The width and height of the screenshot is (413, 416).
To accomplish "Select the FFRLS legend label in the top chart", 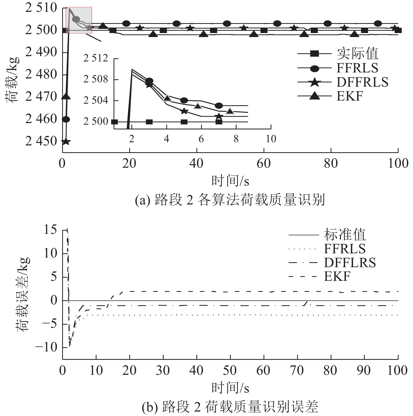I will (357, 68).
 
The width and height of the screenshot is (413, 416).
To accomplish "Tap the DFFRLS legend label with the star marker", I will (362, 82).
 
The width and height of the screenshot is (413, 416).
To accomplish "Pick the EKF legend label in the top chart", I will (350, 96).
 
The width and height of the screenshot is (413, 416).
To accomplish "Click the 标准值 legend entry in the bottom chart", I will (345, 235).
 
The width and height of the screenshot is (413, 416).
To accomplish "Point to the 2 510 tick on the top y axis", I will (41, 8).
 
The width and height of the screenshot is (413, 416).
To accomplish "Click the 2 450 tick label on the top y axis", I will (41, 141).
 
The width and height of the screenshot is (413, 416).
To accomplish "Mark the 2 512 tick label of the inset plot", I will (95, 58).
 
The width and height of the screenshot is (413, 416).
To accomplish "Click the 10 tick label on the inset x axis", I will (271, 139).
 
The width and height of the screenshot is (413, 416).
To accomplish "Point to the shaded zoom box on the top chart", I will (79, 20).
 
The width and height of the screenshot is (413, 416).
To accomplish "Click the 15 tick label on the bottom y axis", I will (50, 230).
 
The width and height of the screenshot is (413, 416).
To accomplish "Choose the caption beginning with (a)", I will (230, 200).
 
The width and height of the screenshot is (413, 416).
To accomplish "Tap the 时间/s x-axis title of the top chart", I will (230, 181).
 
